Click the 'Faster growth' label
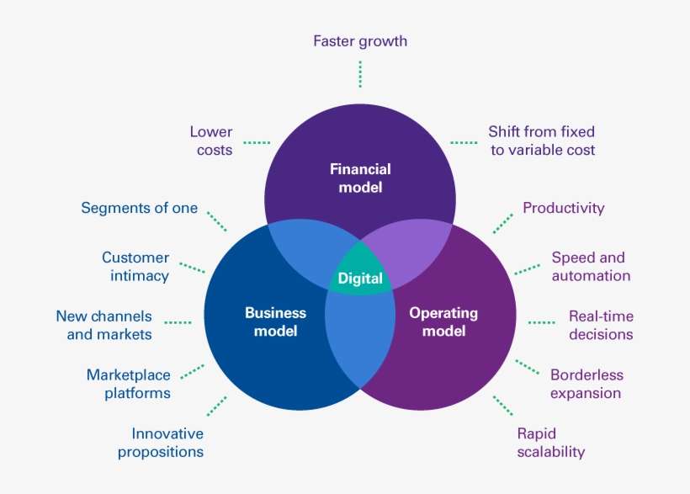point(360,40)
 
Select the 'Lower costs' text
point(211,141)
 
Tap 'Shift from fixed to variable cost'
point(541,141)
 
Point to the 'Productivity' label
point(563,208)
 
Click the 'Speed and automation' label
point(590,267)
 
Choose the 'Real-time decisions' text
point(601,326)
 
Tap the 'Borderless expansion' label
point(586,384)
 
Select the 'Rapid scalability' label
point(550,443)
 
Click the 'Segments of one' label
point(139,208)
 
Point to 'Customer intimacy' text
point(135,267)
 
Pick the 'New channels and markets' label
point(104,326)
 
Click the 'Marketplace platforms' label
point(129,384)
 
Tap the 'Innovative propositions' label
point(161,443)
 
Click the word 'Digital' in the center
point(360,279)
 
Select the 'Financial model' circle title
point(360,178)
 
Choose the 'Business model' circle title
point(275,321)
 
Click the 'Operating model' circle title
point(443,321)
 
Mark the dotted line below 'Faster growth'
point(360,74)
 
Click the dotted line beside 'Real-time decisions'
point(541,321)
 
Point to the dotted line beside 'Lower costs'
point(257,141)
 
